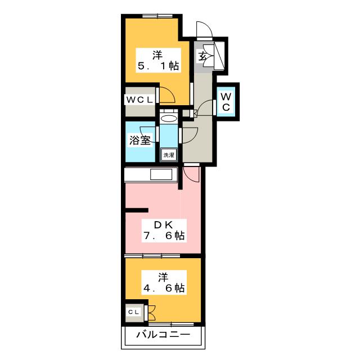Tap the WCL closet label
coord(138,100)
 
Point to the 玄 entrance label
coord(202,56)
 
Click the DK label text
coord(163,224)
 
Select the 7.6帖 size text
coord(163,236)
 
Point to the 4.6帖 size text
coord(163,288)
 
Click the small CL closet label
coord(134,312)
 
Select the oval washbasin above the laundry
coord(168,118)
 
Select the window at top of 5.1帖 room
coord(154,15)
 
